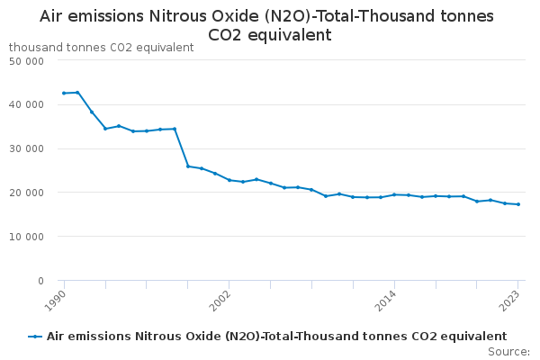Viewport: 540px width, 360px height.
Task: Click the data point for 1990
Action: coord(64,93)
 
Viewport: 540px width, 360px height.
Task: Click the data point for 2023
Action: coord(518,204)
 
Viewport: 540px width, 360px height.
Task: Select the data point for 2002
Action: coord(229,180)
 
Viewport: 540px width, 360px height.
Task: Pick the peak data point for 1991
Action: coord(77,92)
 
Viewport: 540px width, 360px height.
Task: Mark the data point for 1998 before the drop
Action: coord(175,129)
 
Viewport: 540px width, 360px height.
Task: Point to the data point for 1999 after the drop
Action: coord(188,166)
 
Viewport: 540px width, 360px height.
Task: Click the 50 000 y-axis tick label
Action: coord(27,61)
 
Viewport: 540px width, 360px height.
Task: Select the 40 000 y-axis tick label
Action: coord(27,105)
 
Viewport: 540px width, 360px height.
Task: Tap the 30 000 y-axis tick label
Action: coord(27,149)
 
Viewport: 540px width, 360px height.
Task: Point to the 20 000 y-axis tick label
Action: coord(27,193)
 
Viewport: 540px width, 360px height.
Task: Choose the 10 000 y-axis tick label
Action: coord(27,237)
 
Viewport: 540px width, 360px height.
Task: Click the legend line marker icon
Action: coord(35,337)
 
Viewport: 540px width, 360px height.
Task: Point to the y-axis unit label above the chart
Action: coord(101,47)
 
